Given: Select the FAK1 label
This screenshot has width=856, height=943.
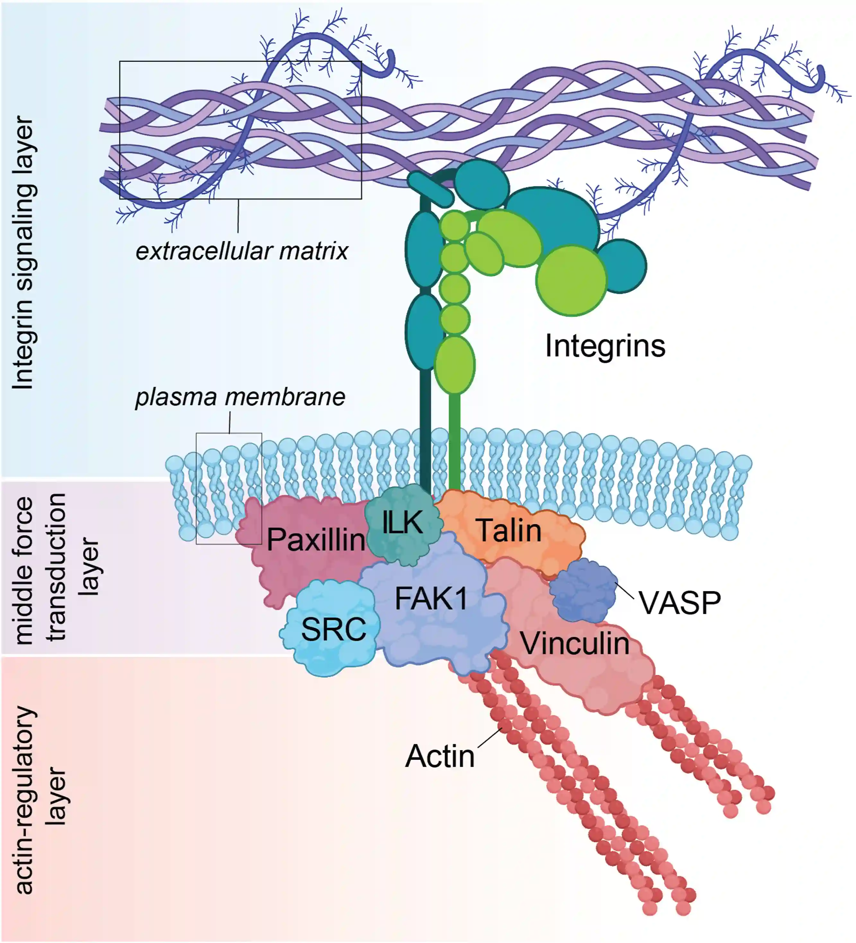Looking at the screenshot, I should [431, 598].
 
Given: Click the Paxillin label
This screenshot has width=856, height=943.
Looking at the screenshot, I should [316, 539].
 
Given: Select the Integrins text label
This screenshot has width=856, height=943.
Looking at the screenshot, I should [605, 346].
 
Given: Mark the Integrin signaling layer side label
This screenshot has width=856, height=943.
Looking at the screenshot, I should [23, 252].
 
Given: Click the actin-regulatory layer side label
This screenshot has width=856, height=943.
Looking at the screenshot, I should [40, 800].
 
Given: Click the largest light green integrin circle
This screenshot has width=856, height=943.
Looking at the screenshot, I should [571, 281].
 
